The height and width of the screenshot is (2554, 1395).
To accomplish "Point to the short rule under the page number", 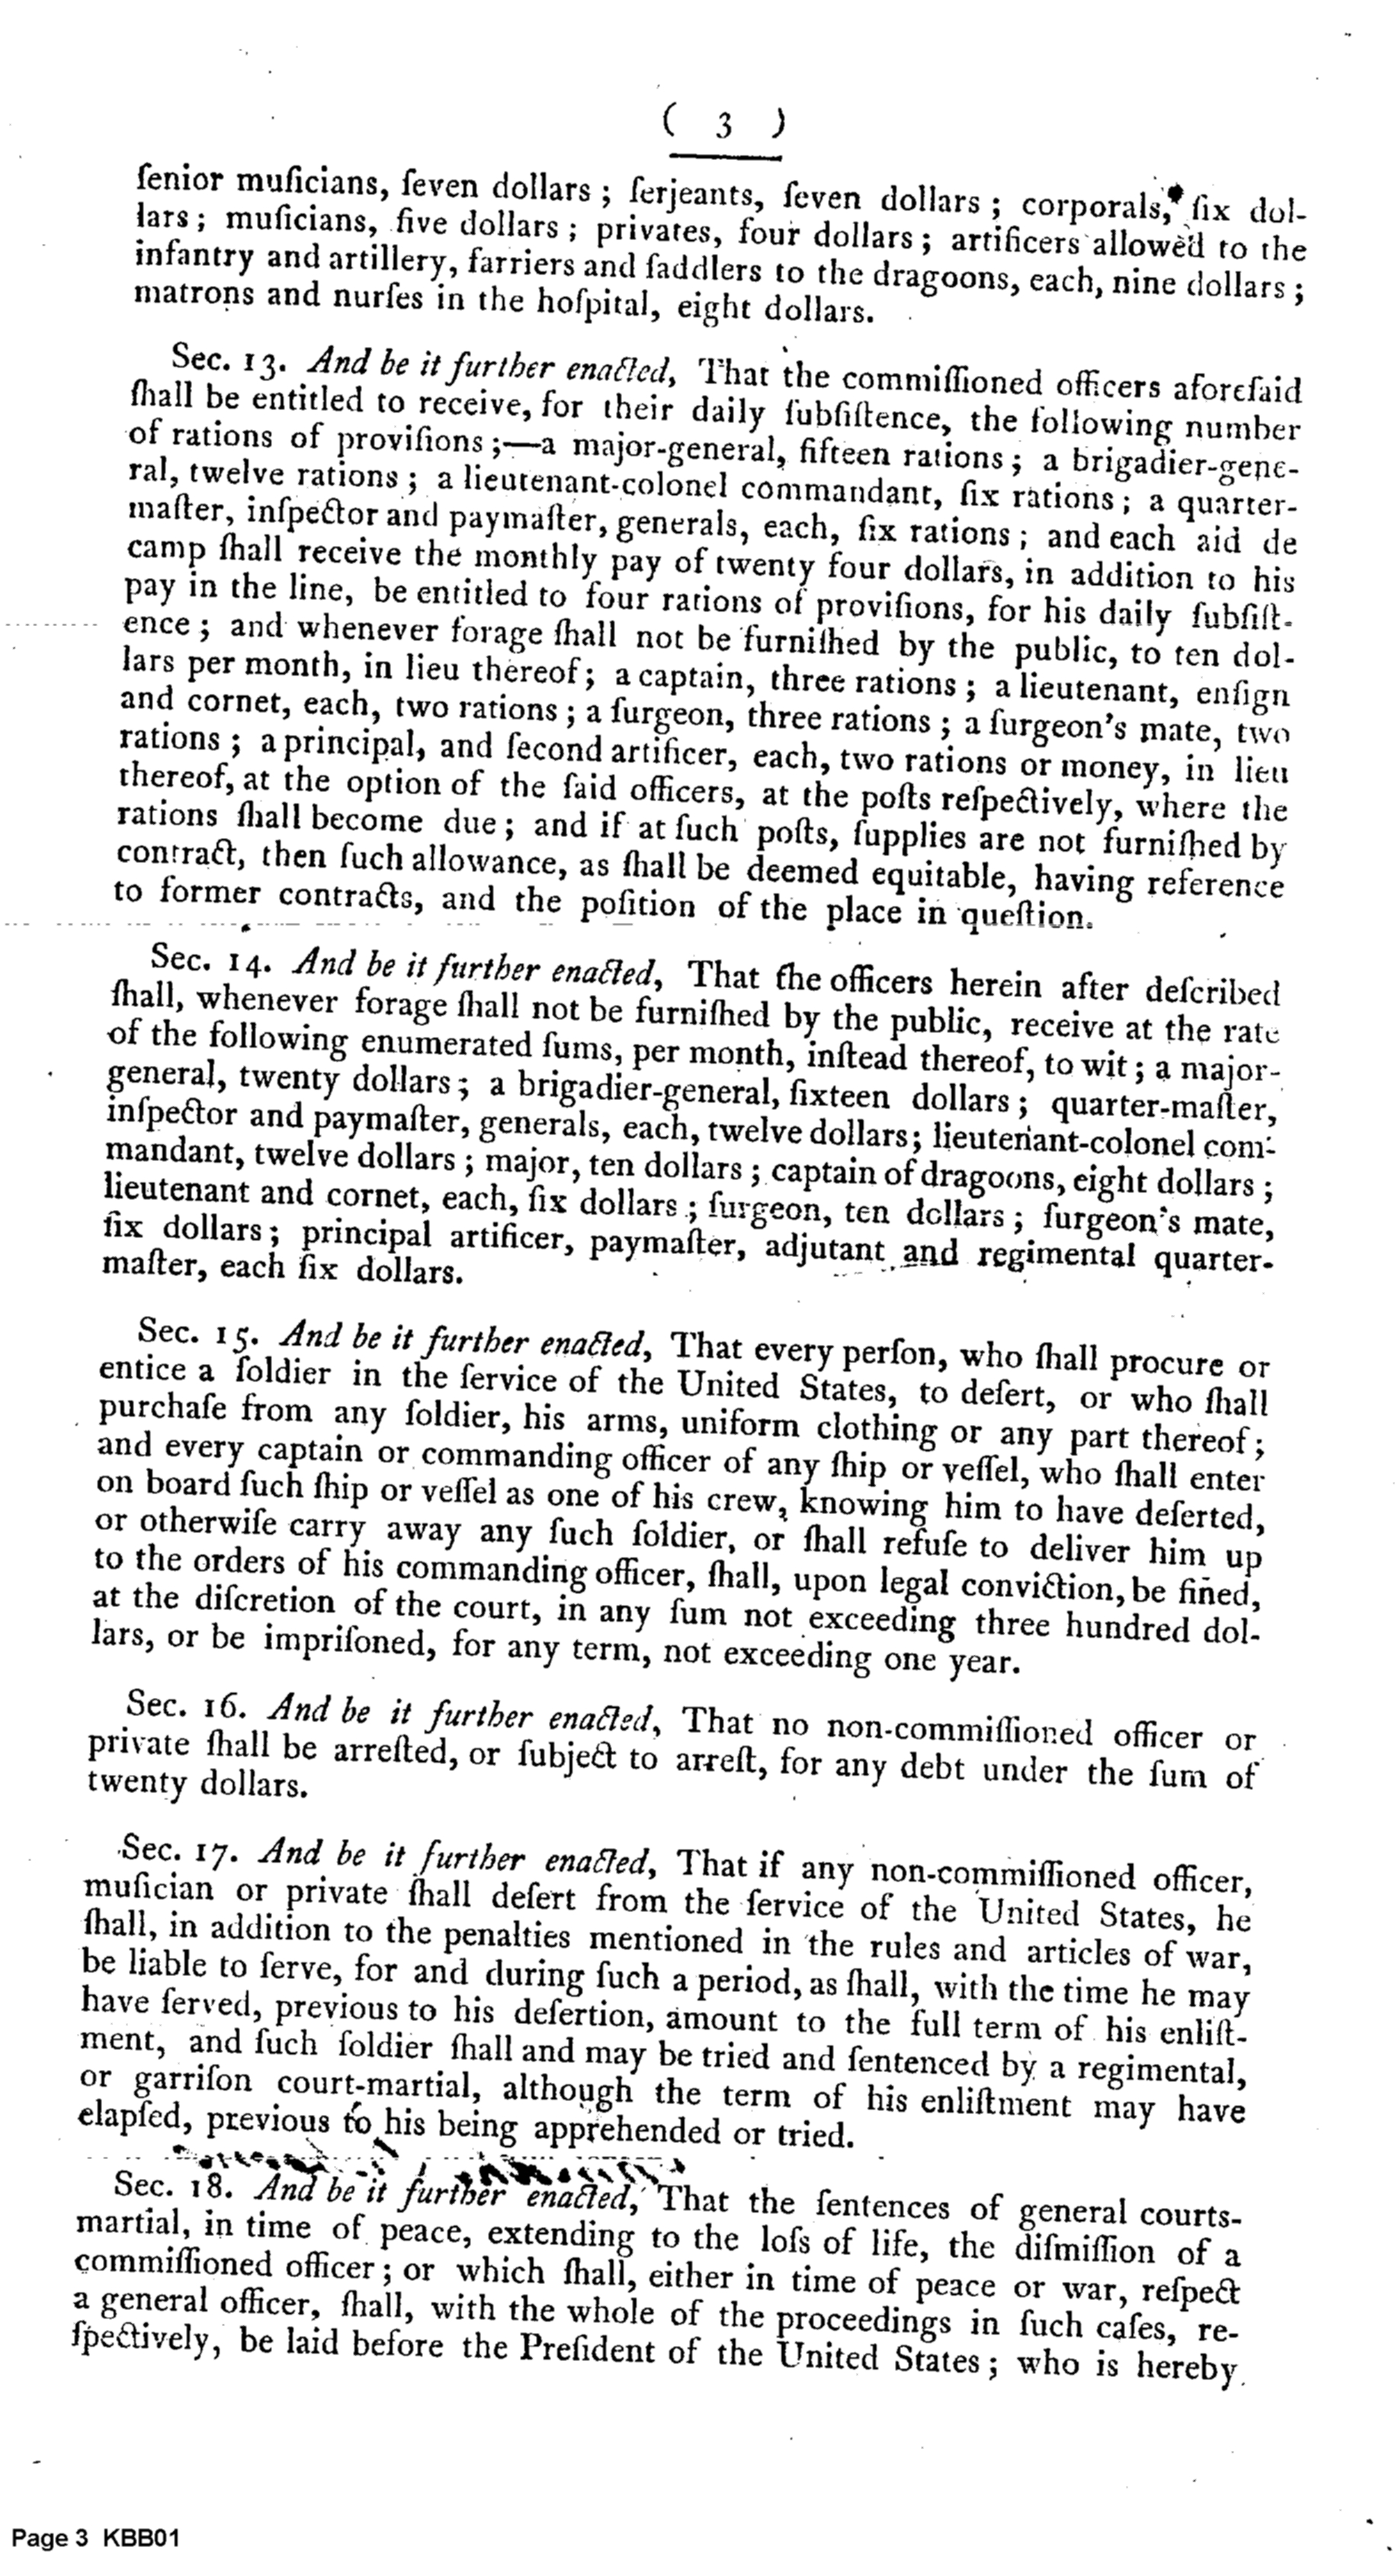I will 725,156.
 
